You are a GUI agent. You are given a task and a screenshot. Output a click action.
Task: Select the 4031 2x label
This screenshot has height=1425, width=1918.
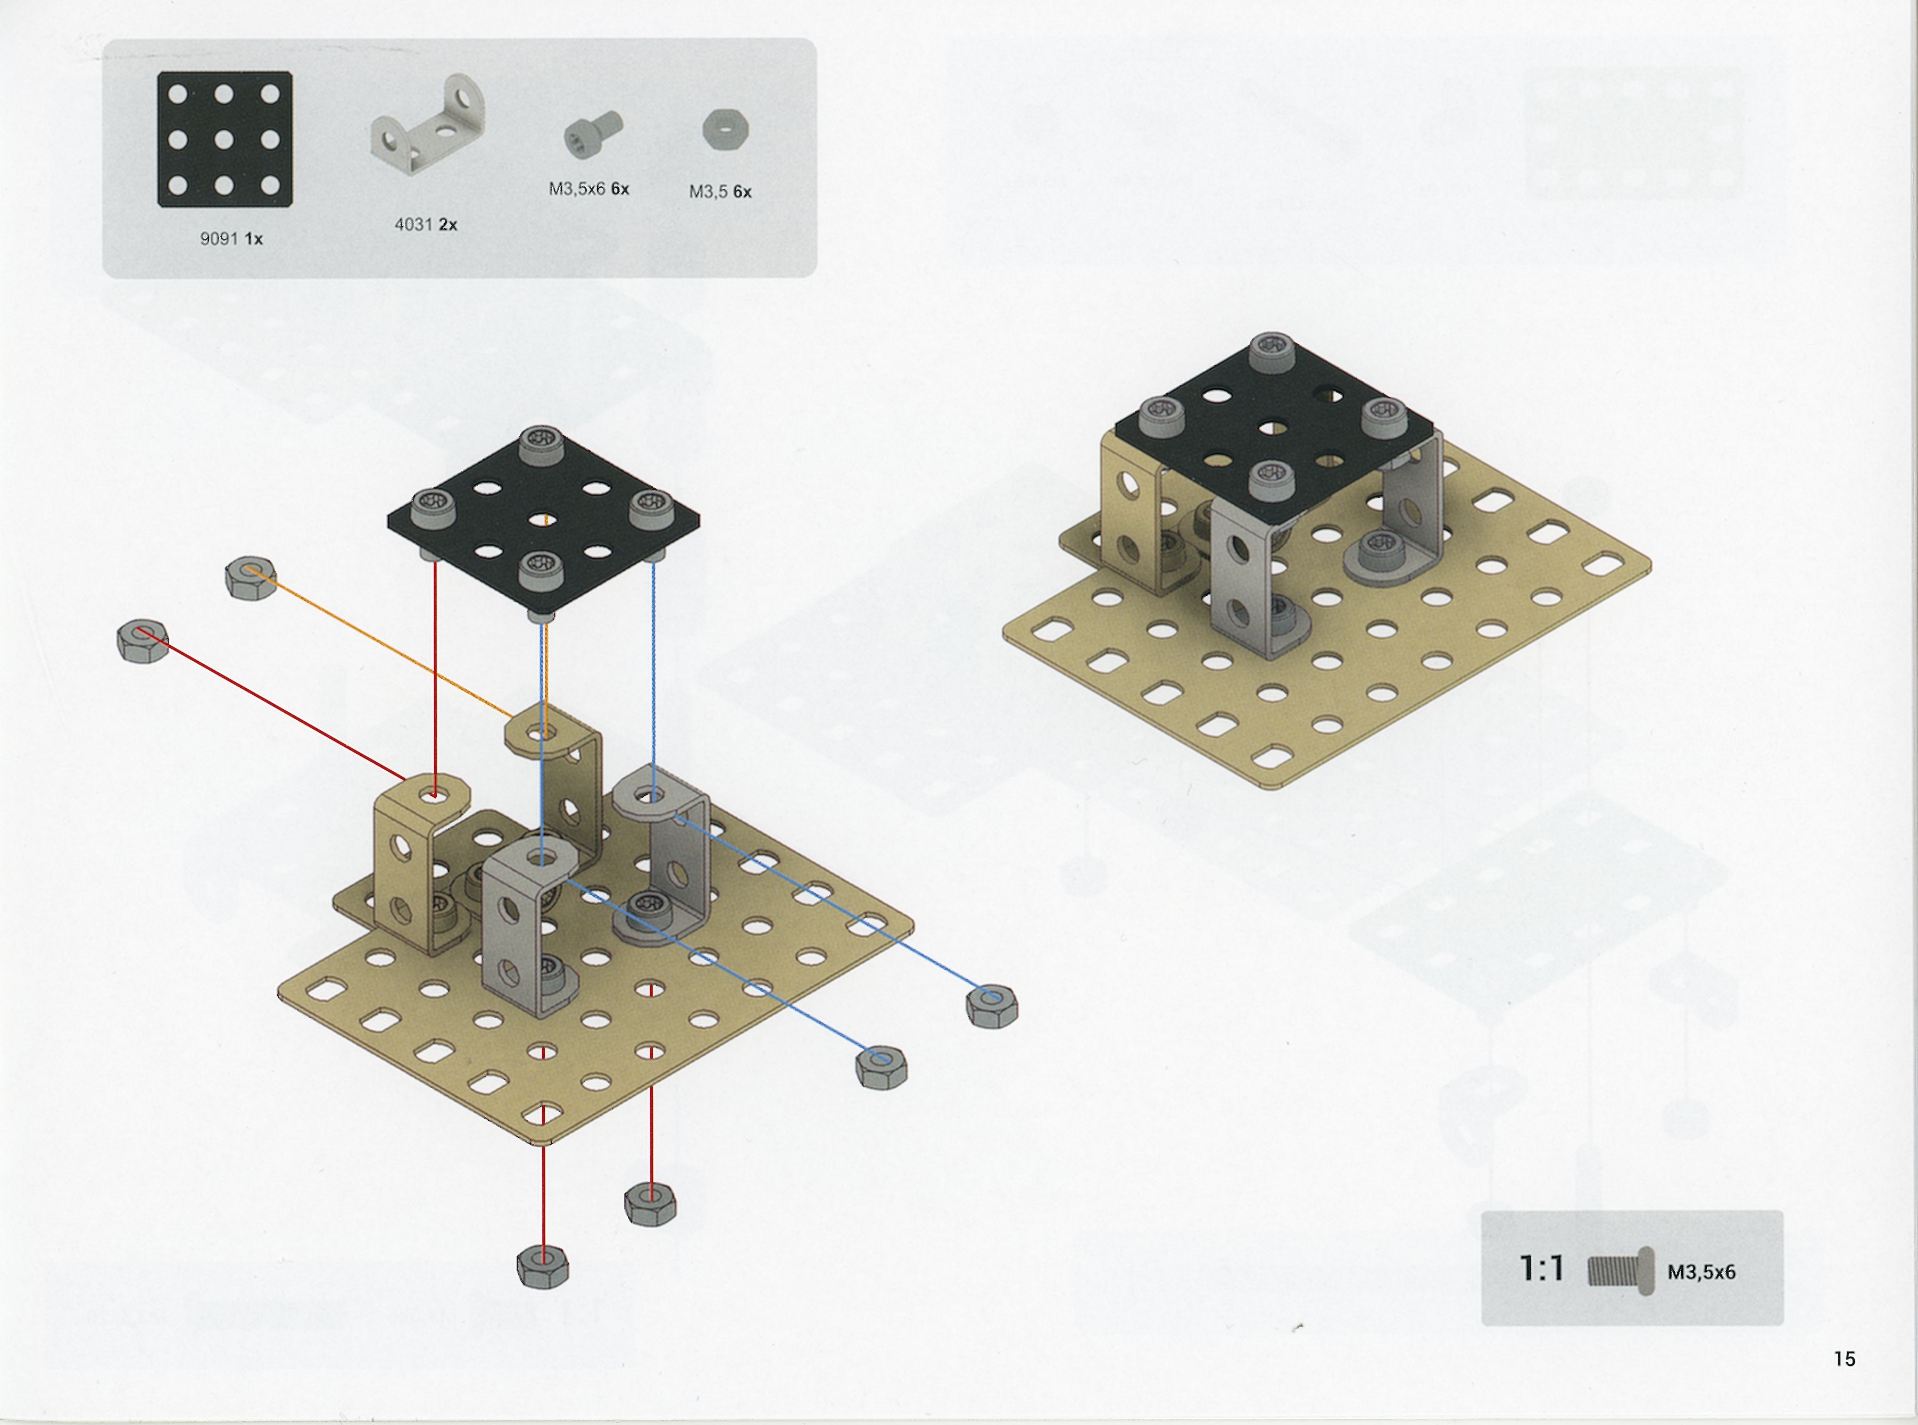tap(425, 224)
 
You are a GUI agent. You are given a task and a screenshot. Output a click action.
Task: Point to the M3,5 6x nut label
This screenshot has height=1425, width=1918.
tap(719, 191)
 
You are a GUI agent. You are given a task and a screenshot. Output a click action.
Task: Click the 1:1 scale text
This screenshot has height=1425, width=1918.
tap(1541, 1269)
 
